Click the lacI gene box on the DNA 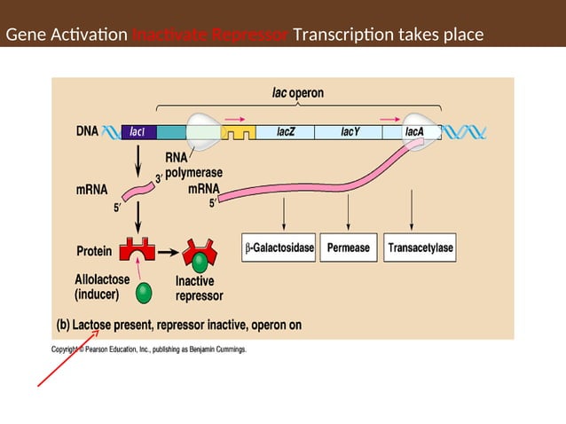138,132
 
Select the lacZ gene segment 286,132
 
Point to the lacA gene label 413,132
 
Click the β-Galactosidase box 279,248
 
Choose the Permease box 349,248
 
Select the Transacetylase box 421,248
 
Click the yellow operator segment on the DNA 237,133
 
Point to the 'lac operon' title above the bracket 297,92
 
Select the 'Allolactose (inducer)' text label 103,286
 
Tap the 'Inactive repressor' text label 199,288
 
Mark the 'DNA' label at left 87,131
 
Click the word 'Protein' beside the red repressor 95,250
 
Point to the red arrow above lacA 389,117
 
